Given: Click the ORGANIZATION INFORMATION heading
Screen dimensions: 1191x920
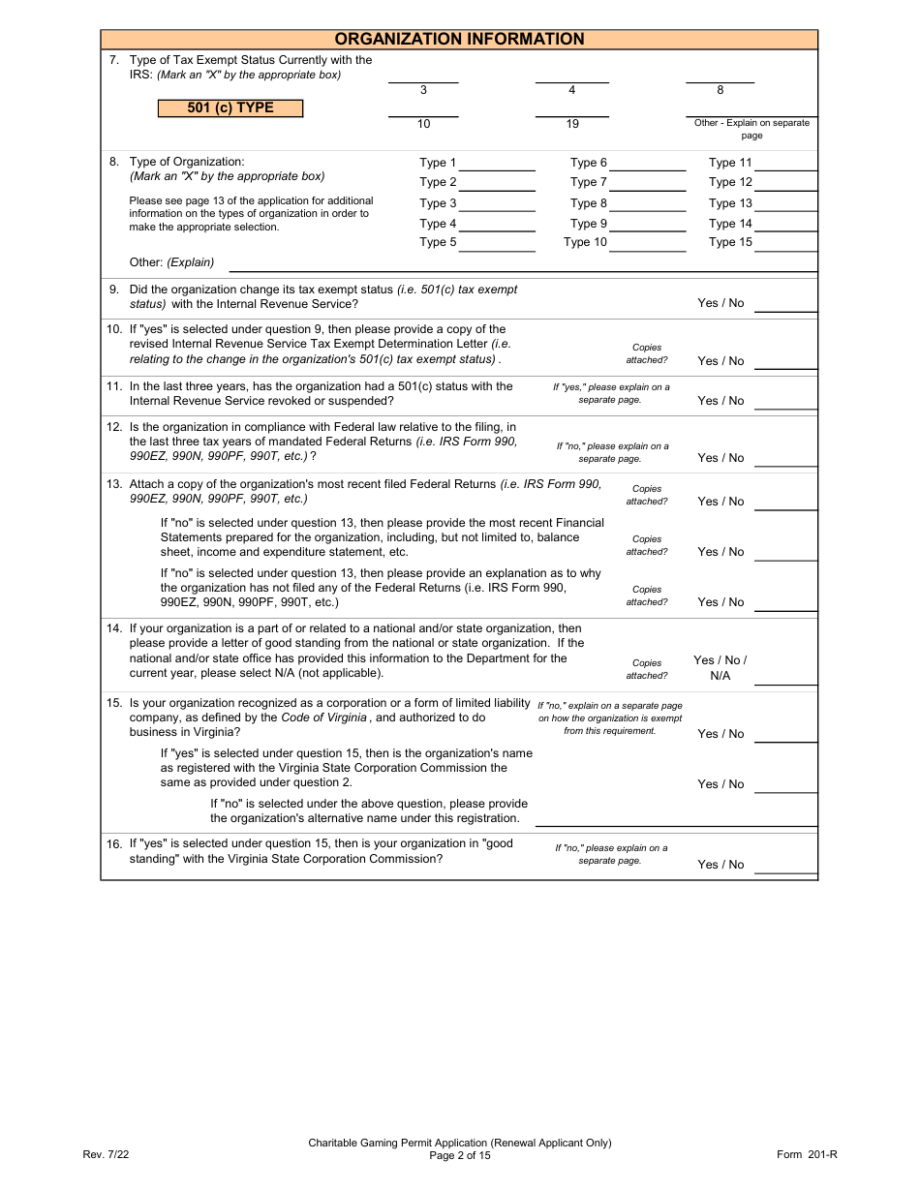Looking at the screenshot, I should [459, 39].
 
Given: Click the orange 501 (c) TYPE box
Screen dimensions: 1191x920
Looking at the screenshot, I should [230, 107].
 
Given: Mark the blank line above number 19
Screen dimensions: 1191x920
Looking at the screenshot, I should [571, 114].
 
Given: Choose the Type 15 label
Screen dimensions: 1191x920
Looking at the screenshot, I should [729, 242].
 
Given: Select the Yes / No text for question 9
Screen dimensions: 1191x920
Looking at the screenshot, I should [721, 303].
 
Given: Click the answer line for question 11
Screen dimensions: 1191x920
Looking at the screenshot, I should [785, 406].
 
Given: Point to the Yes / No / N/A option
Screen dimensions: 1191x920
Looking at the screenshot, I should [720, 667].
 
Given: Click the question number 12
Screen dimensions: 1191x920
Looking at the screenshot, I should [113, 427].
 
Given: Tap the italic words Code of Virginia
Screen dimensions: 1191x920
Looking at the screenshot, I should [323, 718].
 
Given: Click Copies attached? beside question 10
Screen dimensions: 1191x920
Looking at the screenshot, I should [647, 353].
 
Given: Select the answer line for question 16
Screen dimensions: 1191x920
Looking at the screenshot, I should [785, 870].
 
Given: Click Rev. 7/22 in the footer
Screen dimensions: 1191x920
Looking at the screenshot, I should [106, 1154].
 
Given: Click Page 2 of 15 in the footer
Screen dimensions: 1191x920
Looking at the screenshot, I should [460, 1155].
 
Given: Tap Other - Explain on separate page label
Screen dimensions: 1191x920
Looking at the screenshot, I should [751, 129].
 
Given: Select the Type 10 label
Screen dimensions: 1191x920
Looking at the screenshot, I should [585, 242].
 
